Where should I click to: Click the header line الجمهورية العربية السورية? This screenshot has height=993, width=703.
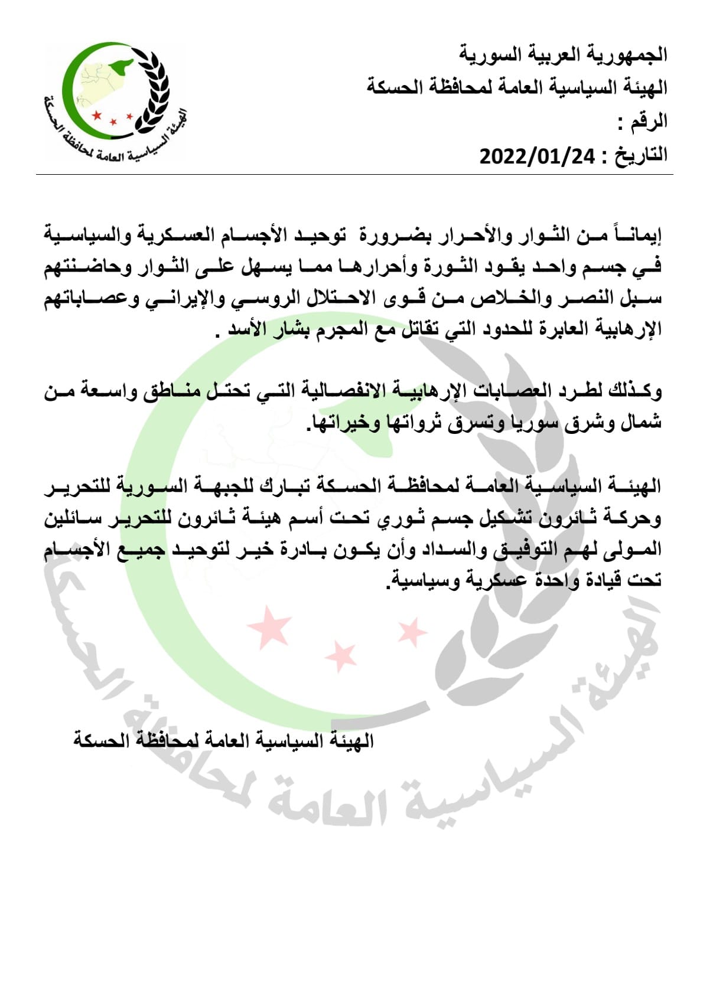coord(564,55)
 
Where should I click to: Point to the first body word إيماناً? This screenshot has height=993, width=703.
coord(636,235)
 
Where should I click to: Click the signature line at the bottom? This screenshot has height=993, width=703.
coord(224,740)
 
